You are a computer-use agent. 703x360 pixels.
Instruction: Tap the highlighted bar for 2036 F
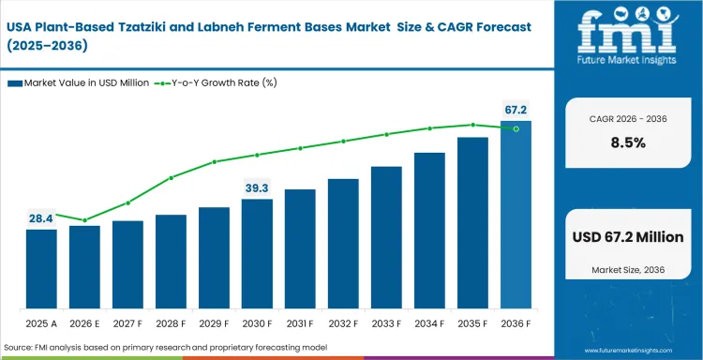516,215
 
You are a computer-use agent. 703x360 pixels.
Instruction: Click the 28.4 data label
41,217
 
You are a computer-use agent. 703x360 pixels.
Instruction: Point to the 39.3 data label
257,187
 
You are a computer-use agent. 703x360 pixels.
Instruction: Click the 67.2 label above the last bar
516,110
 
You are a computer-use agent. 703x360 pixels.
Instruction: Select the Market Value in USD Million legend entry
80,83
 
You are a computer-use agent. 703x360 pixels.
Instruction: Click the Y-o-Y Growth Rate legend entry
219,83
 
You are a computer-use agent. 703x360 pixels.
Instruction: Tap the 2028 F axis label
171,323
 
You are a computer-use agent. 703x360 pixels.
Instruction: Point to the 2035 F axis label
472,323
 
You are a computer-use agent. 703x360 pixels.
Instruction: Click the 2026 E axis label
84,323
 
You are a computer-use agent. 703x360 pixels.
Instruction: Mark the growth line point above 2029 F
214,161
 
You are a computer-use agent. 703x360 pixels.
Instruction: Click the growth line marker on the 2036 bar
516,128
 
